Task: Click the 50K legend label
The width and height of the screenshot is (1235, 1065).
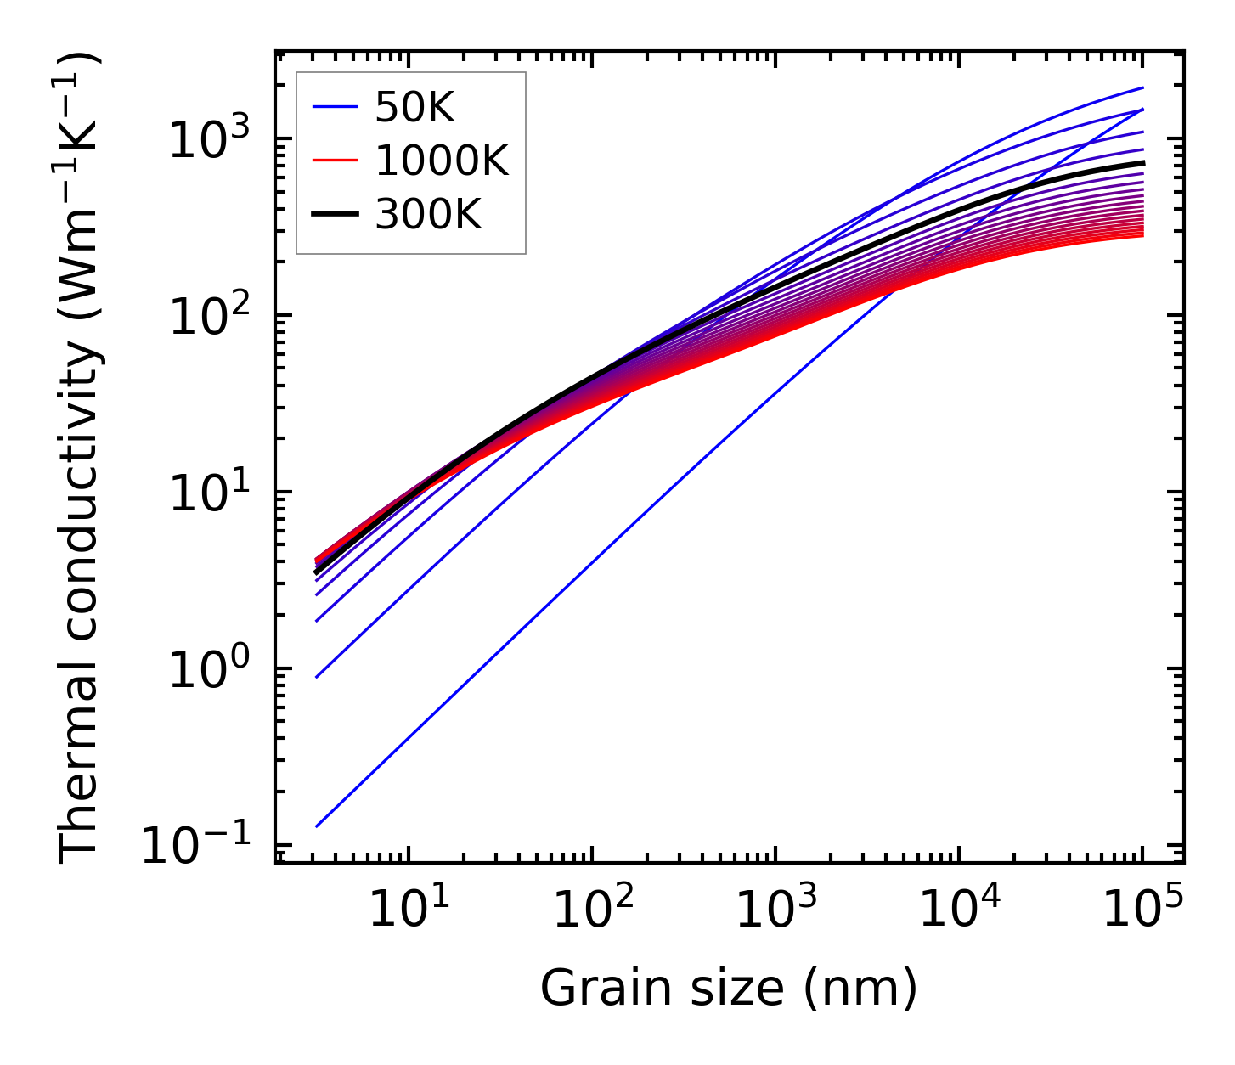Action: [x=414, y=108]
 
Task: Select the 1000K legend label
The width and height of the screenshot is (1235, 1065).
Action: [x=442, y=161]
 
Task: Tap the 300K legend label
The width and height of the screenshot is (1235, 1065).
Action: [x=428, y=216]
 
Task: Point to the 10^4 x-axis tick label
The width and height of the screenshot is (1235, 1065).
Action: [x=959, y=910]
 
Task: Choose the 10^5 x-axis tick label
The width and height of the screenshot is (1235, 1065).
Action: [x=1142, y=910]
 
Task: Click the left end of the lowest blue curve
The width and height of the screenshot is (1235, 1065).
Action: [x=316, y=826]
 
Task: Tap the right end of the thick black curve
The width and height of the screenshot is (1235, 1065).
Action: [x=1143, y=162]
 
